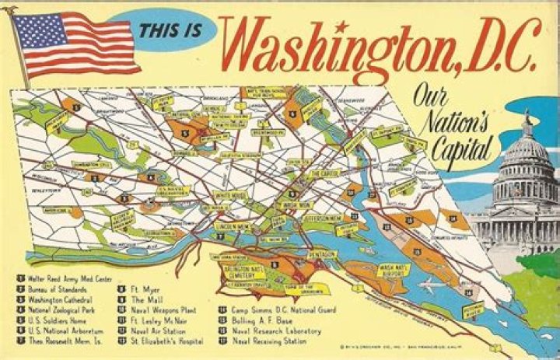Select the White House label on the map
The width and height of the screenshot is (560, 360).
(230, 195)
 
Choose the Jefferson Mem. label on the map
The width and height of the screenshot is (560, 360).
(324, 219)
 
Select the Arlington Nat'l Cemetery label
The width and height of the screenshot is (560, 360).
(240, 271)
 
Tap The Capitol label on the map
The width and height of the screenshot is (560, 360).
(325, 173)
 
